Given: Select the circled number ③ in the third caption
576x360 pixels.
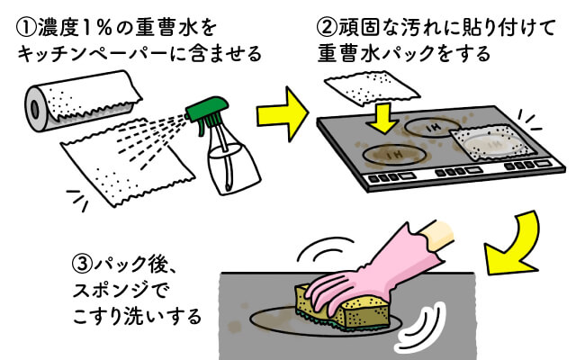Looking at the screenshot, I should click(81, 267).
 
